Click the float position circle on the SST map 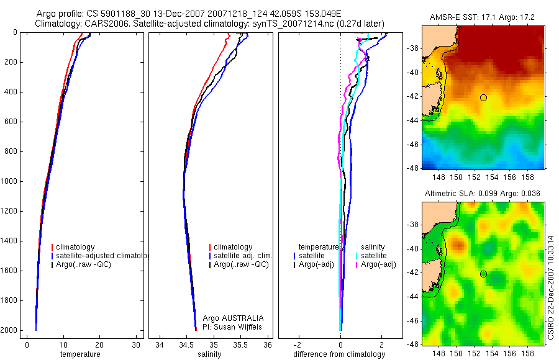pos(483,97)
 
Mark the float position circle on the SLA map pos(483,274)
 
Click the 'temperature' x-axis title pos(80,354)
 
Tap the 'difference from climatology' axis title pos(340,354)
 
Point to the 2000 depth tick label pos(9,330)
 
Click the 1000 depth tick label pos(9,181)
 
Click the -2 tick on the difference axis pos(299,344)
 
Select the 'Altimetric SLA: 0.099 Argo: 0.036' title pos(483,194)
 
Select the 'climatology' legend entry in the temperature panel pos(75,247)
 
